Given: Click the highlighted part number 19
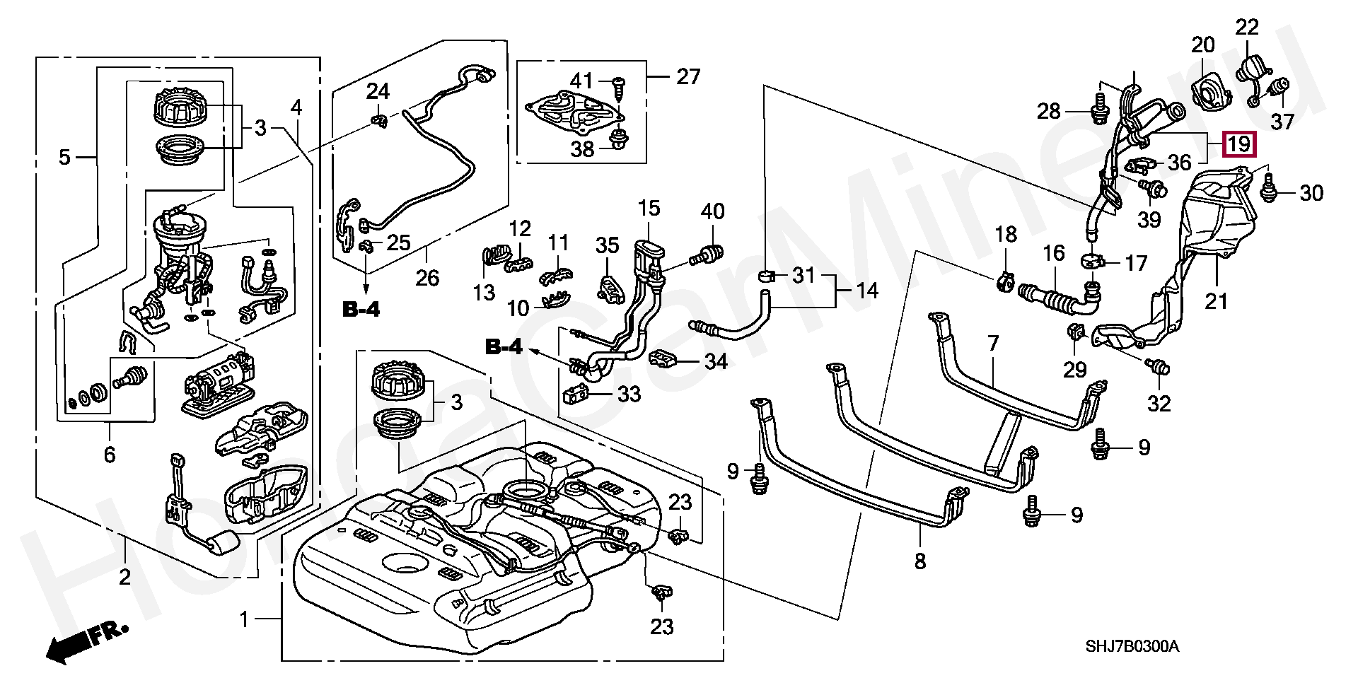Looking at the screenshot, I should tap(1238, 144).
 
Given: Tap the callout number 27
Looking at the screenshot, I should tap(687, 76).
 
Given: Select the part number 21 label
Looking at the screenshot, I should tap(1217, 301).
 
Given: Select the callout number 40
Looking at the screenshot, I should tap(713, 211).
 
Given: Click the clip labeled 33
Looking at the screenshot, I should tap(576, 394).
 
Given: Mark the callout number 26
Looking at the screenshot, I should tap(427, 277).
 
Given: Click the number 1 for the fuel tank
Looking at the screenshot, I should tap(244, 620).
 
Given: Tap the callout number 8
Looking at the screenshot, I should tap(919, 561).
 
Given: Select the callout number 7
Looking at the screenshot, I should tap(993, 344).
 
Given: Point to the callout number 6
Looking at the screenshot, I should tap(109, 455).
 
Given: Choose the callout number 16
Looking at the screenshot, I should tap(1054, 253).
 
